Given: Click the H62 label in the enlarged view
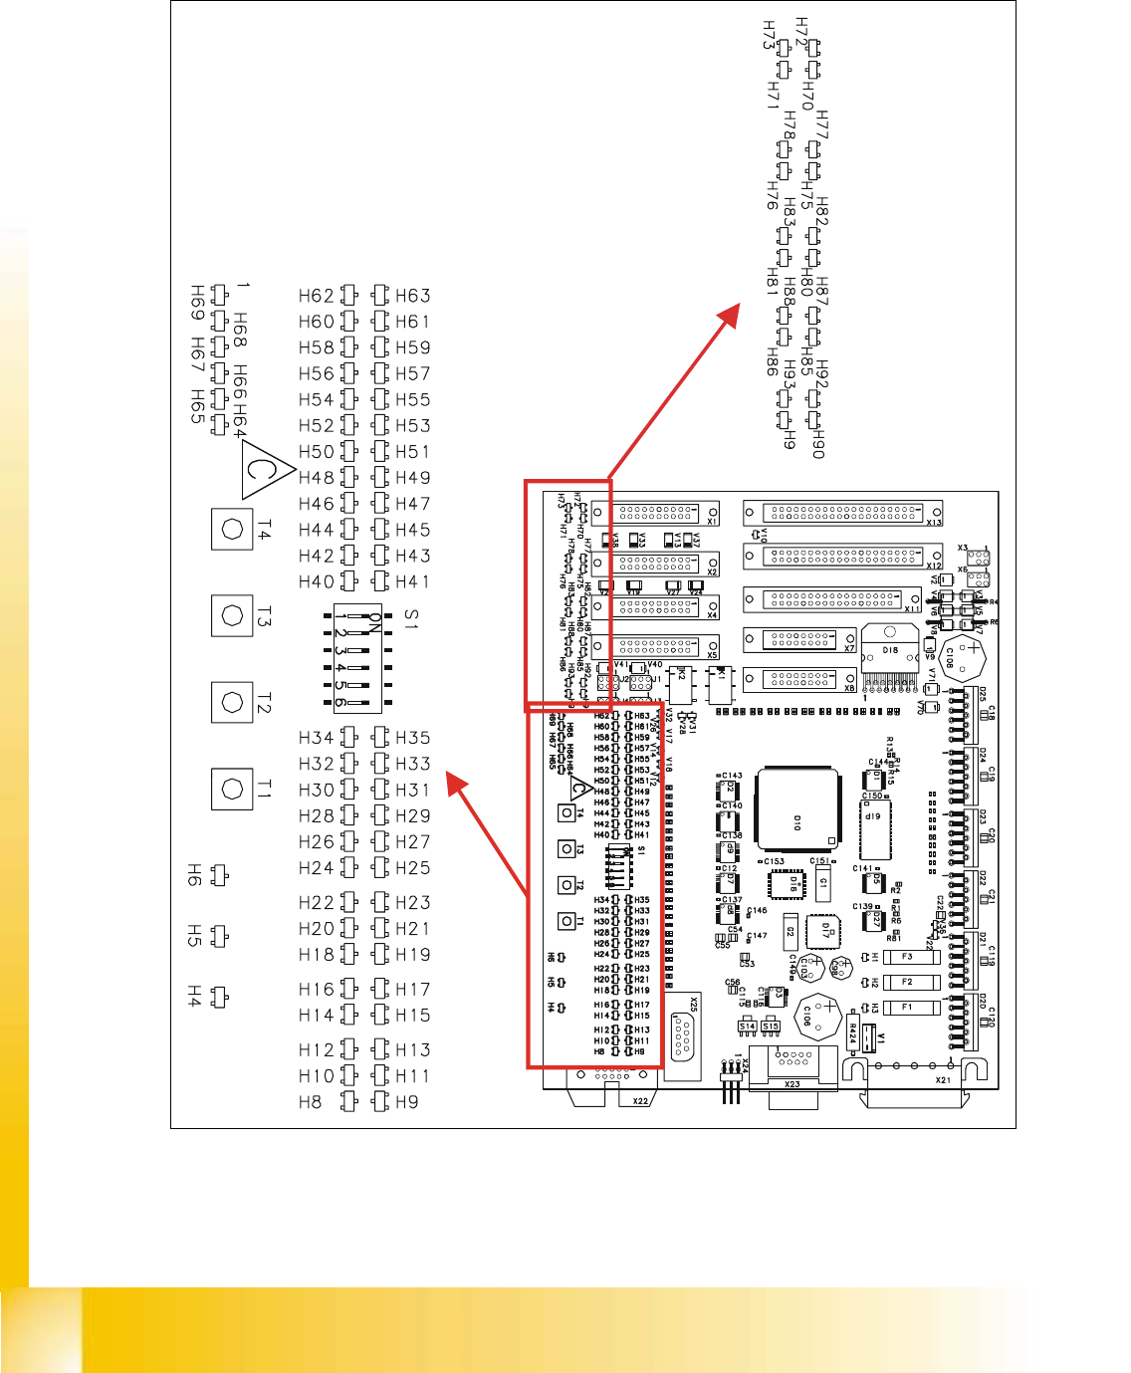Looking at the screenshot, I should point(317,296).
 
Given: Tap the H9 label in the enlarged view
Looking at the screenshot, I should point(406,1102).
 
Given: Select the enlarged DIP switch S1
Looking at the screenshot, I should point(355,657).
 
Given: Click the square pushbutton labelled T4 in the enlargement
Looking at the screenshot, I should point(233,529).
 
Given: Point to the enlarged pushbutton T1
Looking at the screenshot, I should point(233,790).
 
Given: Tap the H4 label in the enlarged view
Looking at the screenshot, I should point(195,997).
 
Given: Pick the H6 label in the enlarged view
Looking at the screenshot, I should point(195,875).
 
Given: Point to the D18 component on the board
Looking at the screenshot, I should point(889,651).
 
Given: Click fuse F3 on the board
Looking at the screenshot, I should point(906,957).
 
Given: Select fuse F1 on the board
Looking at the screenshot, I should point(906,1008).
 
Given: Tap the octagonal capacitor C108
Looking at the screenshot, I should point(963,657).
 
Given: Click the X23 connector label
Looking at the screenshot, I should point(792,1084).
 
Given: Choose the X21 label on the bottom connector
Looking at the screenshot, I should point(943,1080).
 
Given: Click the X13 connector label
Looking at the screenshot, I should point(933,522).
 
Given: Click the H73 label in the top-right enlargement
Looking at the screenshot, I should point(768,36).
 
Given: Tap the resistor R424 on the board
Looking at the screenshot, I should point(853,1032).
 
